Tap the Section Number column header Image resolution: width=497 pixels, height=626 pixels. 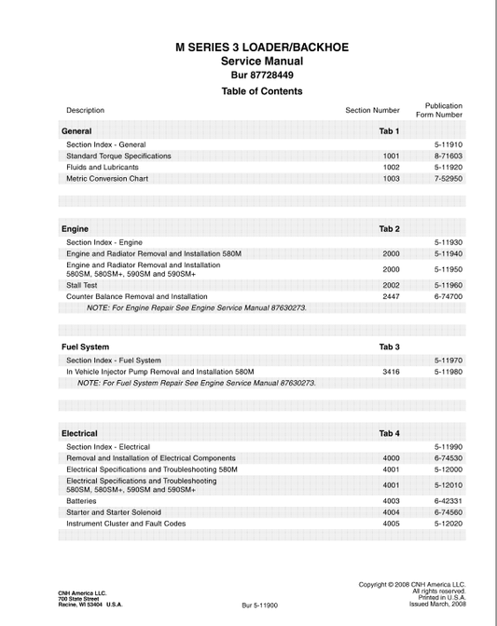(x=372, y=110)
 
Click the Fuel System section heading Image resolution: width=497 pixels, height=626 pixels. (x=85, y=347)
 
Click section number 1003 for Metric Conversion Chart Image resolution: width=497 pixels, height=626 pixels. (x=391, y=178)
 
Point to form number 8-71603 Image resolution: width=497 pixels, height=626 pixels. (x=448, y=156)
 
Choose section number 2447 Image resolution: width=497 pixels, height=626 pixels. (x=391, y=296)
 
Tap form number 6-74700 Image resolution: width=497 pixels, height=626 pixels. (x=448, y=296)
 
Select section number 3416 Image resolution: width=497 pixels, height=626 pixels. (x=391, y=371)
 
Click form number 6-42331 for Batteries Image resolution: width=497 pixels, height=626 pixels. (x=448, y=500)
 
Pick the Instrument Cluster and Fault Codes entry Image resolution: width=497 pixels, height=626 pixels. (x=126, y=523)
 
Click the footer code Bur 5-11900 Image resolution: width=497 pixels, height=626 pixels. (x=259, y=605)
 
